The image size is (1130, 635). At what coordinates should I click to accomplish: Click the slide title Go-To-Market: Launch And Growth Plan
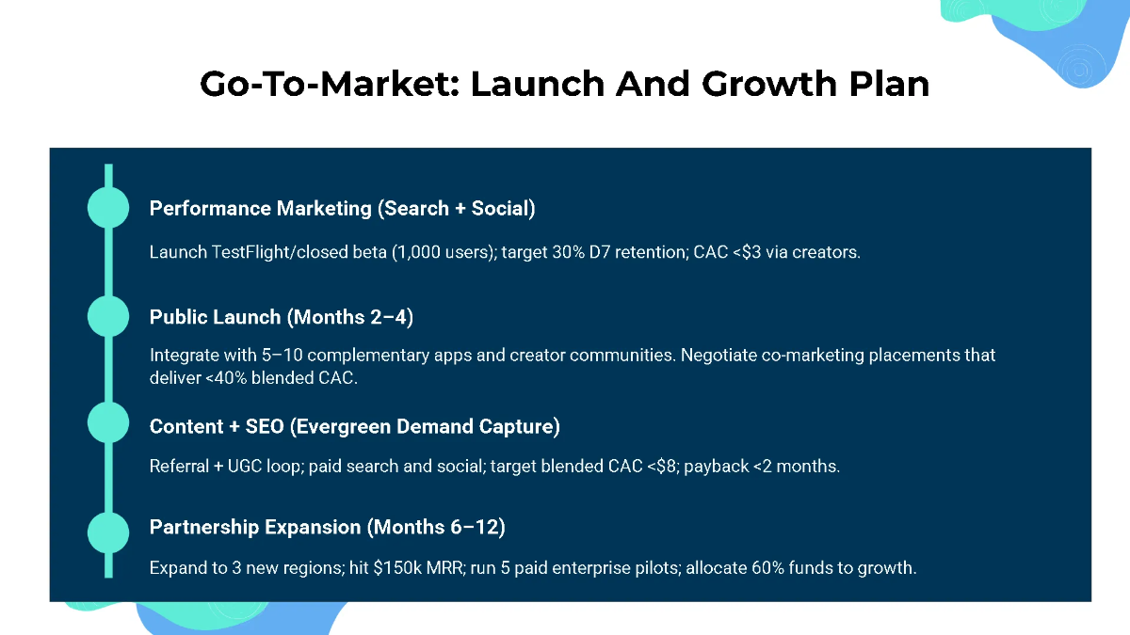tap(564, 84)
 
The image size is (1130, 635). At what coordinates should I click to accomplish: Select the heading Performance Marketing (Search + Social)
tap(342, 209)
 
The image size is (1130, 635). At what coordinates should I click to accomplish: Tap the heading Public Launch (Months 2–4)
tap(281, 317)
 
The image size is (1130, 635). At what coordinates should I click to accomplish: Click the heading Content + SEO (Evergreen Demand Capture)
tap(354, 426)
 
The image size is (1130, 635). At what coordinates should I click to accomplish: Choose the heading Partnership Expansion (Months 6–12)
tap(327, 527)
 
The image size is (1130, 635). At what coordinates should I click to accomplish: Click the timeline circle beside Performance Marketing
tap(108, 207)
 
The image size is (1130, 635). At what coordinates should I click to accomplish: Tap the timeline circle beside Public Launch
tap(108, 316)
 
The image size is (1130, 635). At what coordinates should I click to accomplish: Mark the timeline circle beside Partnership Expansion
tap(108, 533)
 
